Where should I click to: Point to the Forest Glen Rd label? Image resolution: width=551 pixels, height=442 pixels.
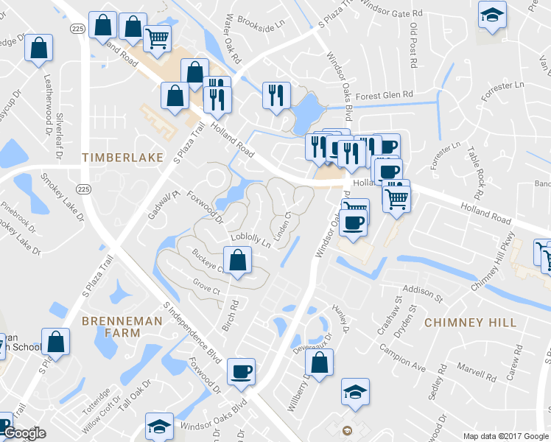coord(384,96)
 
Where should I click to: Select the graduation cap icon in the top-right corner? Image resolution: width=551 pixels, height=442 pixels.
coord(491,14)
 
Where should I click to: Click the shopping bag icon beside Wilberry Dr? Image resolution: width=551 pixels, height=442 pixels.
coord(319,362)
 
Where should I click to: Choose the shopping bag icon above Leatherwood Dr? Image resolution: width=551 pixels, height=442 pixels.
coord(38,49)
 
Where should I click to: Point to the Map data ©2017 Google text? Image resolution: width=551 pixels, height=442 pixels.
coord(506,436)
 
